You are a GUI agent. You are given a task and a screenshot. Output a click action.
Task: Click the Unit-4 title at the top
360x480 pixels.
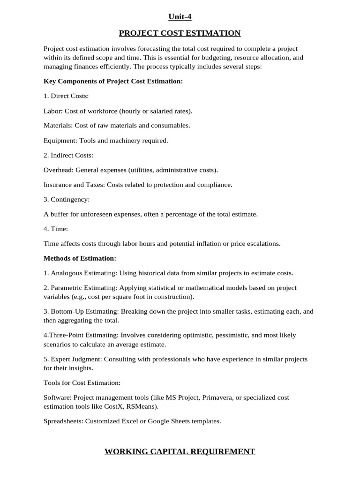point(180,17)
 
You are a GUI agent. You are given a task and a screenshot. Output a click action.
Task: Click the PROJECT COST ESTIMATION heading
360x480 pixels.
point(180,33)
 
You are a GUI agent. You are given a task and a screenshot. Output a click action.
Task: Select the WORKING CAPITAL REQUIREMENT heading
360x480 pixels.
point(180,451)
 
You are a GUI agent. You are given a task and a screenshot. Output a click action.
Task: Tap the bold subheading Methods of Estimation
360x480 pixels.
point(80,258)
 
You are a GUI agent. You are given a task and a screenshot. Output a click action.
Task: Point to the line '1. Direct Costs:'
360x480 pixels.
point(66,96)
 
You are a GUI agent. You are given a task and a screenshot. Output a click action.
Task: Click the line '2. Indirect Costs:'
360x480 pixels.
point(68,155)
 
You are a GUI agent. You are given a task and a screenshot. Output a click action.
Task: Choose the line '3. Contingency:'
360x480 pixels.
point(67,199)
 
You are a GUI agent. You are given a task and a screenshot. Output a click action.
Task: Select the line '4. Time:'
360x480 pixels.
point(56,229)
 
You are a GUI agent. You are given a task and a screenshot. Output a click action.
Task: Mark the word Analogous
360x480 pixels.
point(67,273)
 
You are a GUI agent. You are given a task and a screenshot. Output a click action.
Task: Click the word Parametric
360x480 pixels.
point(68,288)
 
